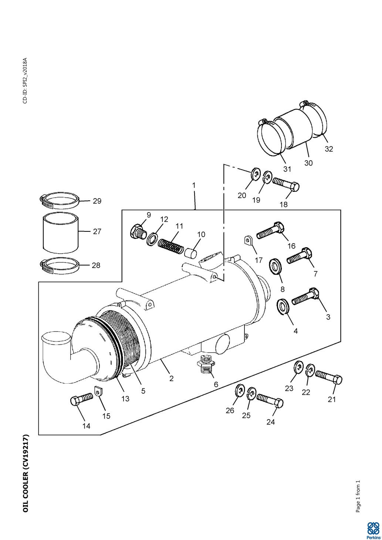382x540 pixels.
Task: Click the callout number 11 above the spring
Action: pyautogui.click(x=179, y=226)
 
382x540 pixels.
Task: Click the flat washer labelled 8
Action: pyautogui.click(x=274, y=266)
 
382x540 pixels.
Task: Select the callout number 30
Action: pyautogui.click(x=308, y=163)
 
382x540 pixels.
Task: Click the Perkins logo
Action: pyautogui.click(x=373, y=529)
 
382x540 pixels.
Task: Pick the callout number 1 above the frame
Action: pyautogui.click(x=194, y=185)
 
